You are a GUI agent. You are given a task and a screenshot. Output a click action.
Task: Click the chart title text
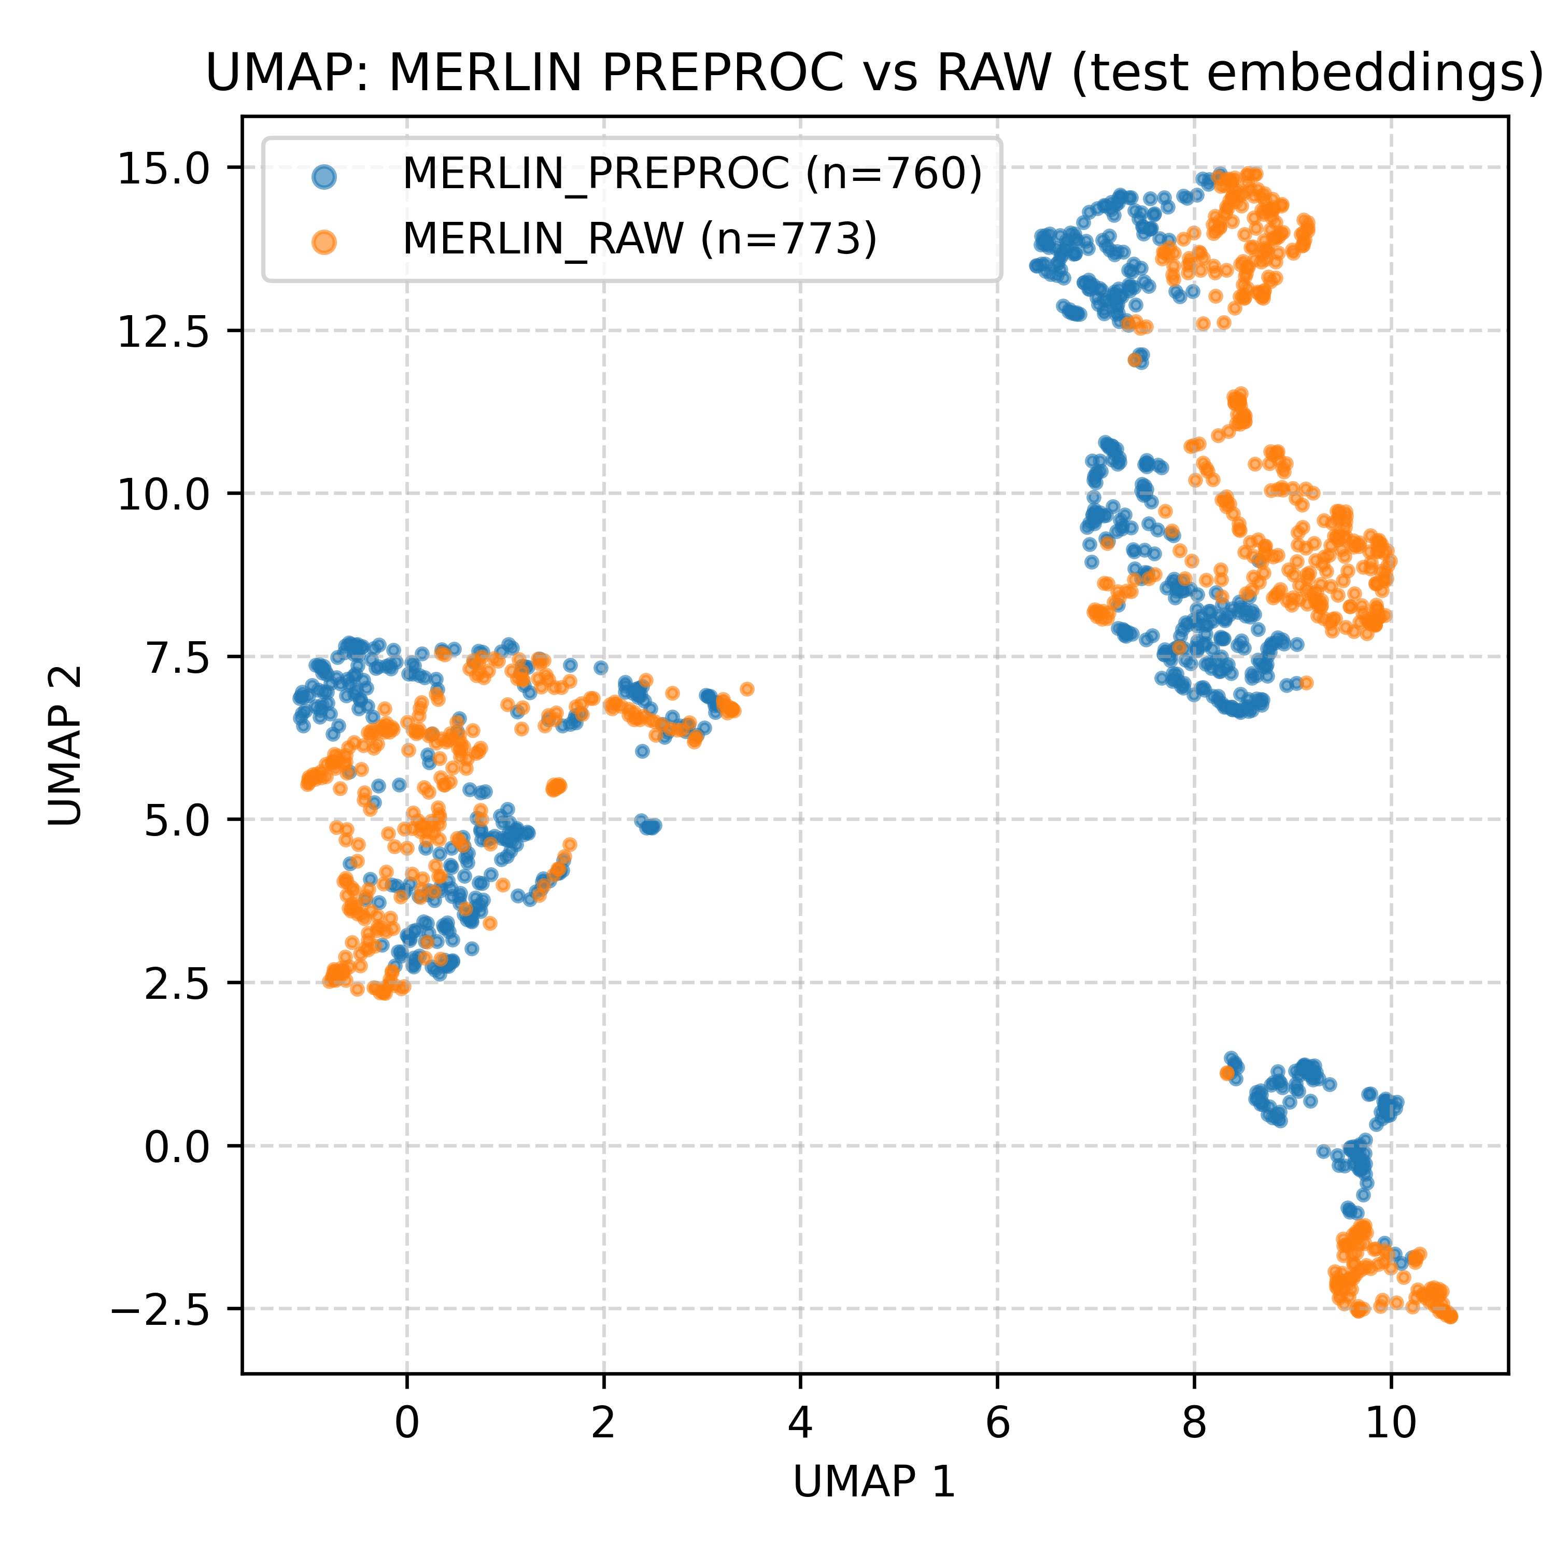coord(874,74)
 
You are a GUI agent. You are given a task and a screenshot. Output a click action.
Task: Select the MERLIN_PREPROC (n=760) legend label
coord(692,173)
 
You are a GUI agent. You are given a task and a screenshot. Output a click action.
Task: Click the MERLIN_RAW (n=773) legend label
coord(639,238)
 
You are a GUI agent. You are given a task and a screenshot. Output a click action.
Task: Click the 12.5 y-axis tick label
coord(163,332)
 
